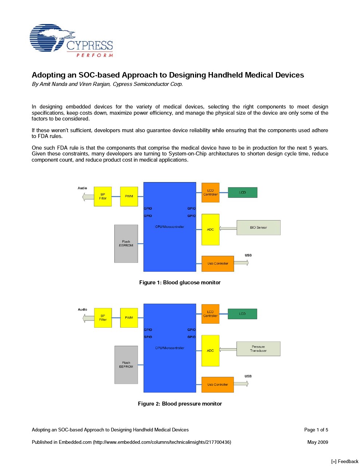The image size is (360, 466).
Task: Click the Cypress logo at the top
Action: (71, 40)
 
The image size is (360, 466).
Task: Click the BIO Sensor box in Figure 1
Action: (258, 228)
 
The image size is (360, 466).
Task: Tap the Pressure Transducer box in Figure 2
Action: (258, 349)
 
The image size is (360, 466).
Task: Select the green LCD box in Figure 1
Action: (242, 193)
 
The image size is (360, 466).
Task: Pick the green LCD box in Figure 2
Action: (242, 314)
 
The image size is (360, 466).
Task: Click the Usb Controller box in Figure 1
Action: (218, 264)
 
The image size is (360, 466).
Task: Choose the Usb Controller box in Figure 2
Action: (218, 385)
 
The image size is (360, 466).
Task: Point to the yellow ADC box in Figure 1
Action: (210, 229)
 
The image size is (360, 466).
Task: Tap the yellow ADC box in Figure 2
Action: (210, 351)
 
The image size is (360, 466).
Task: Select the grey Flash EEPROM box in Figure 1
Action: (126, 244)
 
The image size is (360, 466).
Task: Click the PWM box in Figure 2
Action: (129, 318)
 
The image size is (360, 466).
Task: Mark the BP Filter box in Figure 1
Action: (103, 197)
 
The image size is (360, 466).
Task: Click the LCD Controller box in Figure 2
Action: (210, 314)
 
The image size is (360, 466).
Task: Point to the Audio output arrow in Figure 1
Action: (88, 197)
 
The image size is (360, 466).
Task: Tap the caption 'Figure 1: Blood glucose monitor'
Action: (180, 283)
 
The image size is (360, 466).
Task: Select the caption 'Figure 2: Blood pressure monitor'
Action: (180, 404)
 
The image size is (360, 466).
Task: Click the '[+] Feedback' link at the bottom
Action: (345, 461)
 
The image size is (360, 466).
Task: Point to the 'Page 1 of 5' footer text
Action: (316, 430)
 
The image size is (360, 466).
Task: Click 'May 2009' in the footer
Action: (317, 442)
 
